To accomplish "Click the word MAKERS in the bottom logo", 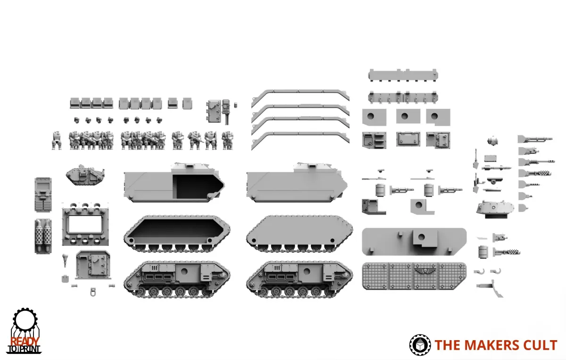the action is (488, 345).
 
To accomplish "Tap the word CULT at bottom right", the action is (536, 345).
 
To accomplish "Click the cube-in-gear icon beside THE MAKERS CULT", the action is (420, 345).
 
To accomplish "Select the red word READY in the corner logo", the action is (25, 342).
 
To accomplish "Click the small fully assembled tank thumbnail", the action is (85, 175).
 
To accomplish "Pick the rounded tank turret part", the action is (495, 209).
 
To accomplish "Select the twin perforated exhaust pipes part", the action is (43, 236).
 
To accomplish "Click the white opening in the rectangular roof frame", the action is (85, 224).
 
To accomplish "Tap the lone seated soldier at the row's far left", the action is (57, 140).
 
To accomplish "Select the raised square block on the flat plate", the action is (425, 239).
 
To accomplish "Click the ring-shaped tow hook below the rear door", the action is (93, 292).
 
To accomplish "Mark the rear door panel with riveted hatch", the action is (93, 265).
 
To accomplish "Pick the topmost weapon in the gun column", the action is (535, 139).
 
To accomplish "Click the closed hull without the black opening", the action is (297, 183).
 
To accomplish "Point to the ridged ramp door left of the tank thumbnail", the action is (43, 195).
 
